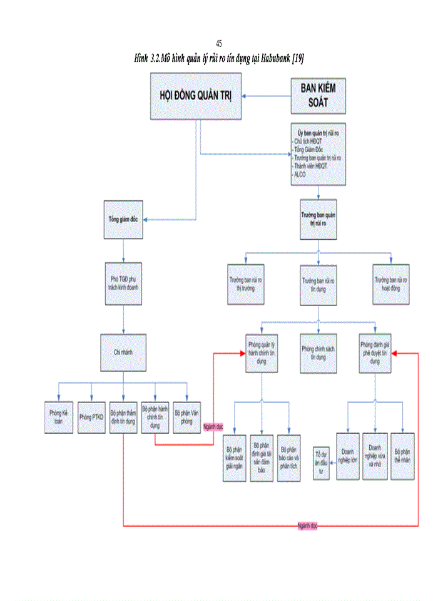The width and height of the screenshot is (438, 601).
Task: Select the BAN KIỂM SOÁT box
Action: pos(318,96)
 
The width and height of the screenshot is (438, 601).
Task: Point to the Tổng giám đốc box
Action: pos(123,220)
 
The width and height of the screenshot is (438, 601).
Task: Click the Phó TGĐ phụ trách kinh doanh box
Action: pos(123,284)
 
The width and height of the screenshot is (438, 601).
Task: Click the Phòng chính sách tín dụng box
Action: pos(318,352)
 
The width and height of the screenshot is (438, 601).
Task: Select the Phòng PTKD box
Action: pos(91,416)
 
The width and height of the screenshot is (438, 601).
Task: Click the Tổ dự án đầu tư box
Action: pos(322,463)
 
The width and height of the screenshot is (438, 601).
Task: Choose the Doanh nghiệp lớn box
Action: pos(347,456)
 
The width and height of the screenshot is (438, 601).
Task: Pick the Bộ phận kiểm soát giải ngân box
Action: pos(234,458)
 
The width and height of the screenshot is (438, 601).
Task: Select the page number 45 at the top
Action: pos(218,43)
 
